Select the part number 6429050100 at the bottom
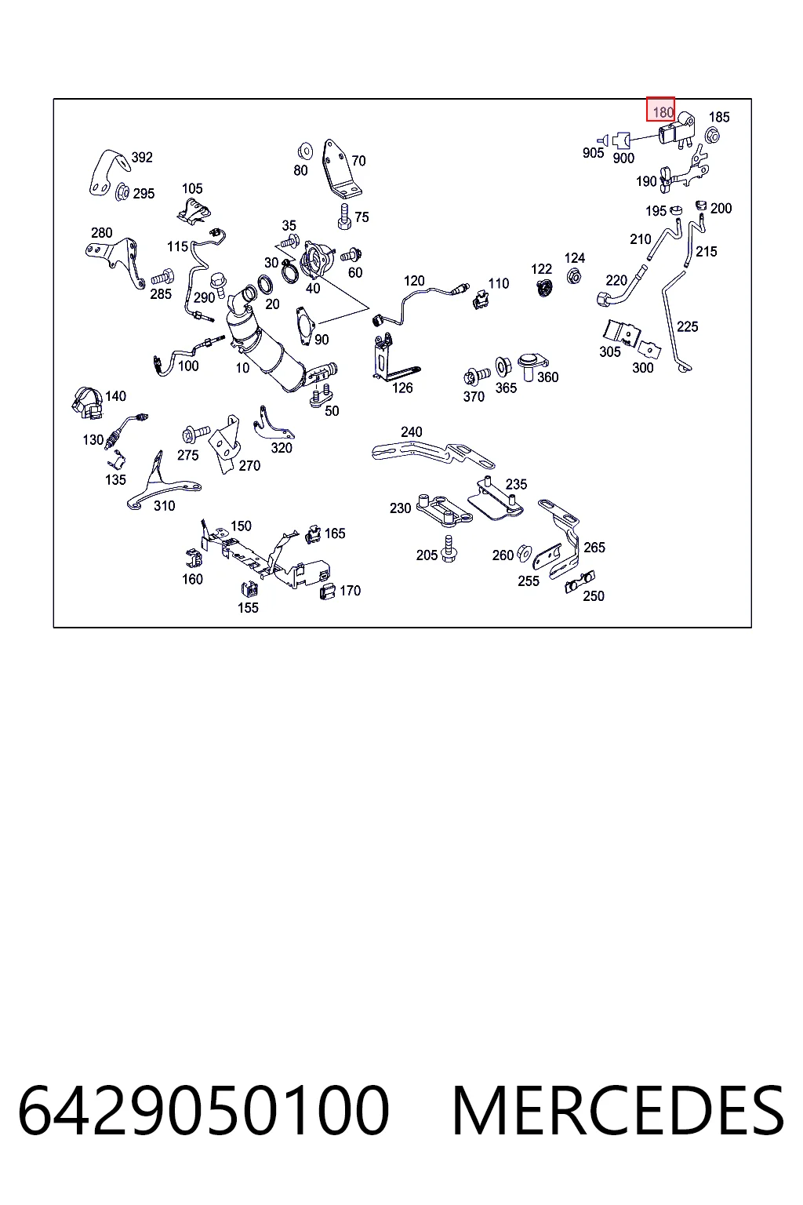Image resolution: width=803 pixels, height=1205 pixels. click(203, 1111)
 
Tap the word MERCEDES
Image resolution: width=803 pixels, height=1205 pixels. click(618, 1111)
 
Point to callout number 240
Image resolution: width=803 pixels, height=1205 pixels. click(412, 432)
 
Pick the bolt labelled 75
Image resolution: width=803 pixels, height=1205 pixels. click(345, 217)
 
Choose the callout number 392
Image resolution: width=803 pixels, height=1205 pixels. click(142, 158)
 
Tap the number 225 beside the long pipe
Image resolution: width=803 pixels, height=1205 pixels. click(688, 326)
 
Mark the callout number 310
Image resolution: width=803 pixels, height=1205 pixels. click(164, 506)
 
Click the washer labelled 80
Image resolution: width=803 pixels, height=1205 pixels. click(305, 151)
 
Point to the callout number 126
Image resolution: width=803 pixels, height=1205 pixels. click(402, 388)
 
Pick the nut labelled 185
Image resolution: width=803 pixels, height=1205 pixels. click(712, 135)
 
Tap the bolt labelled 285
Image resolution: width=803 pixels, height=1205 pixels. click(162, 278)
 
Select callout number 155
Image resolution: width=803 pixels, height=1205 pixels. click(248, 608)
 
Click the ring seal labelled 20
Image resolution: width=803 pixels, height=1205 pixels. click(265, 285)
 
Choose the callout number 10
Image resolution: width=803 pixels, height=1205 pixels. click(242, 368)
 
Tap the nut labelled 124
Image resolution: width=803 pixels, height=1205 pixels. click(574, 276)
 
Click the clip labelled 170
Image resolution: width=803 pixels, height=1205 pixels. click(327, 592)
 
